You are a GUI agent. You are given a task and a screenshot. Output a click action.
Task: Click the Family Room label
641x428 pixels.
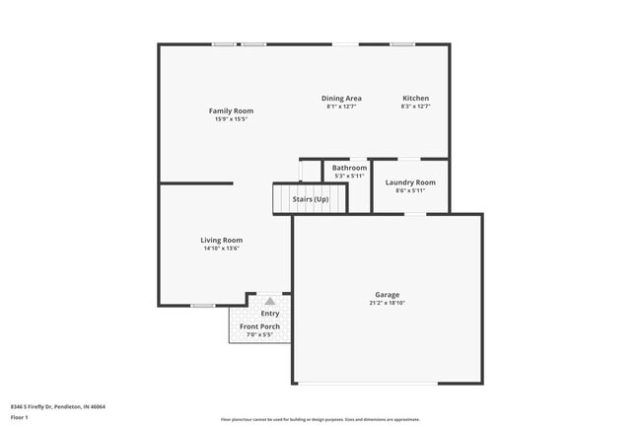[231, 110]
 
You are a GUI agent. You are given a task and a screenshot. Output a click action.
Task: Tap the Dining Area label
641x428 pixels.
[341, 98]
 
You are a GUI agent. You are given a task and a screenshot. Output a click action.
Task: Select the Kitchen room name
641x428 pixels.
[415, 98]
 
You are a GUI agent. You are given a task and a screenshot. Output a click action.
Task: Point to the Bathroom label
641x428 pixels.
[349, 168]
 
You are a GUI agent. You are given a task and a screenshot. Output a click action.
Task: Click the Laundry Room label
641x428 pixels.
[410, 182]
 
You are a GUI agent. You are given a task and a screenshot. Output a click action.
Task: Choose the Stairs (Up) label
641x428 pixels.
[311, 199]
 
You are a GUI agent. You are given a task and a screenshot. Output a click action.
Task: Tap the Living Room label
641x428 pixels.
[222, 240]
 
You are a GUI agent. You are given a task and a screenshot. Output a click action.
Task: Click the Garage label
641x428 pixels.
[387, 295]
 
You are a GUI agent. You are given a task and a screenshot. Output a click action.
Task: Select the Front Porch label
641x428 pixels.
[259, 326]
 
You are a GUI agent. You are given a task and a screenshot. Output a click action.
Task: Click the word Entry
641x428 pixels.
[269, 314]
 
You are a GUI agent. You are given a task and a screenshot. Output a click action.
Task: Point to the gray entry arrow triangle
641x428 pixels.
[269, 300]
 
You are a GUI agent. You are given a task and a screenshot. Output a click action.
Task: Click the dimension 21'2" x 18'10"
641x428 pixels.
[387, 303]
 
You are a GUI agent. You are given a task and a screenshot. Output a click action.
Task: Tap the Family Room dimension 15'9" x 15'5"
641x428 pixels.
[231, 119]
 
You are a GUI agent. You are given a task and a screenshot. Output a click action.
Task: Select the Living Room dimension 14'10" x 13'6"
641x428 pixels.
[222, 249]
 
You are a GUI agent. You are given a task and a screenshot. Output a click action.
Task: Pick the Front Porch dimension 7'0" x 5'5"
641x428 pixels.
[259, 335]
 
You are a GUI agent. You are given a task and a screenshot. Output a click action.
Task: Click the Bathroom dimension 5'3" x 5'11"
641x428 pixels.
[349, 176]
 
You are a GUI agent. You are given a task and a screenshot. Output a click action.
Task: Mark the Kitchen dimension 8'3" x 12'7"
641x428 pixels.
[415, 107]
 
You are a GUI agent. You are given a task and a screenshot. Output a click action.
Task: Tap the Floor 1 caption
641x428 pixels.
[19, 417]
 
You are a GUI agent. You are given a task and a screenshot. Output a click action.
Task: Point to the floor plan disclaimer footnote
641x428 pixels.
[320, 419]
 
